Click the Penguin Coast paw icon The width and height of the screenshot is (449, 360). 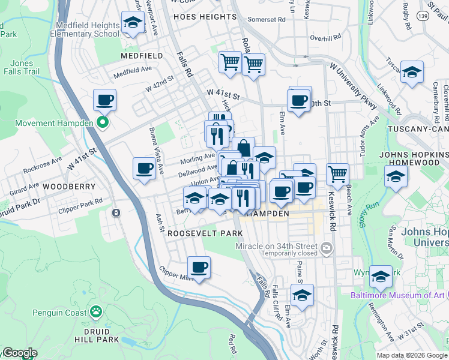[95, 311]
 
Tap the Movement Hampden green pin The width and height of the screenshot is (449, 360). [103, 124]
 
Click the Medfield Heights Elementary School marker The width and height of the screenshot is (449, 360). [132, 23]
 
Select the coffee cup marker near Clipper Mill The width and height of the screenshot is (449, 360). [199, 267]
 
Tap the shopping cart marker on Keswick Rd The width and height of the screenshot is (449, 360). [338, 174]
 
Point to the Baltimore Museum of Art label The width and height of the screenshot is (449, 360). [398, 295]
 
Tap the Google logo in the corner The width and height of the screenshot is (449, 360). [19, 353]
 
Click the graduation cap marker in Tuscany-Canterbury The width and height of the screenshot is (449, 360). [412, 73]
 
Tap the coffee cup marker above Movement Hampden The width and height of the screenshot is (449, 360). [105, 100]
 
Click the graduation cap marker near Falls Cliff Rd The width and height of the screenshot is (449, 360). [303, 295]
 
